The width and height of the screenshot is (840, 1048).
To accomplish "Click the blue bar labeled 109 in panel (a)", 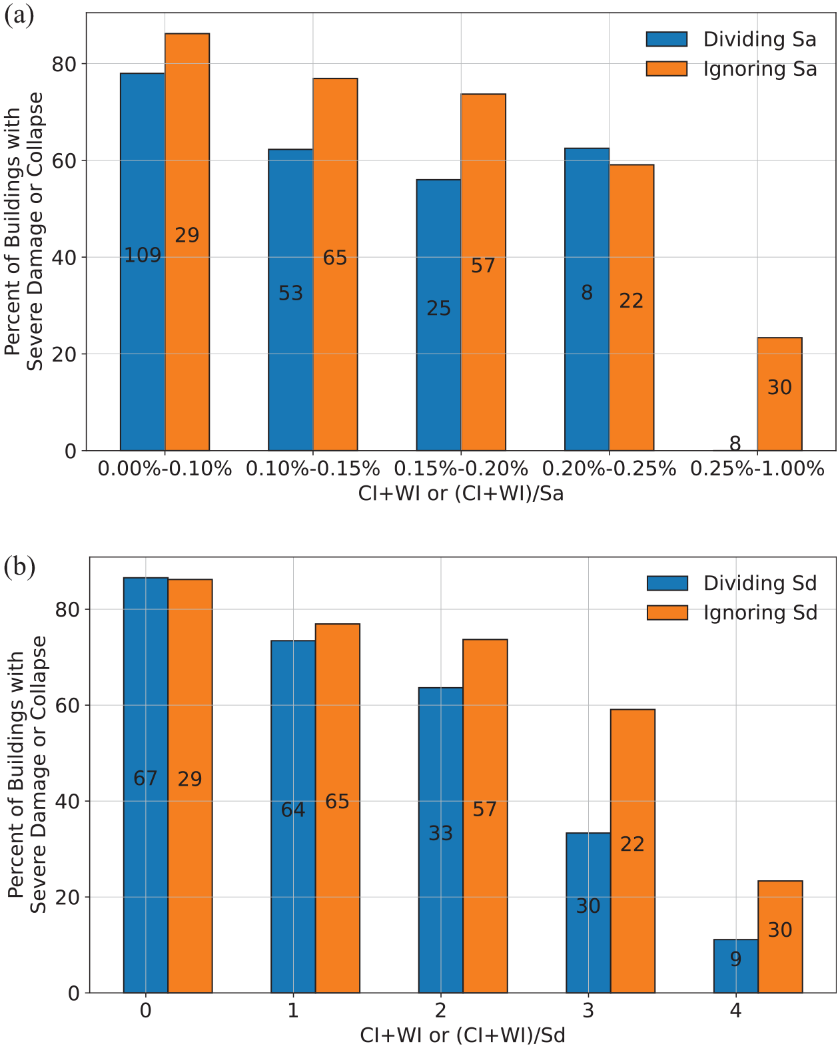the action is (x=143, y=262).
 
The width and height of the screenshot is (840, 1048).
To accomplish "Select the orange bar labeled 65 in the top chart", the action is (x=335, y=264).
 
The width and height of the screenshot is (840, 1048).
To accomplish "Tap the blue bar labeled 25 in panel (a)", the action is (x=438, y=314).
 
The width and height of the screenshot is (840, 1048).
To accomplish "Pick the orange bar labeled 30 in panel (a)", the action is (x=779, y=394).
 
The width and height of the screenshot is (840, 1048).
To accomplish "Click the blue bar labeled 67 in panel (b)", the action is (x=146, y=785).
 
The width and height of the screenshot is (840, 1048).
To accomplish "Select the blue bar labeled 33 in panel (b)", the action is (x=440, y=840).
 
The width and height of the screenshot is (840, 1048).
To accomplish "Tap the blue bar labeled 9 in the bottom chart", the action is (x=735, y=966).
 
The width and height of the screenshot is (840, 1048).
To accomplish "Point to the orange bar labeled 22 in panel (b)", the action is (x=632, y=852).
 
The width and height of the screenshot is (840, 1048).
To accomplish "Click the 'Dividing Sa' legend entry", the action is (x=731, y=39).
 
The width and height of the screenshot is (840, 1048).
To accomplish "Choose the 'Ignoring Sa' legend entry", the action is (x=731, y=69).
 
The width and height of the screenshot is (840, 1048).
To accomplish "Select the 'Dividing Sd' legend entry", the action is (x=732, y=583).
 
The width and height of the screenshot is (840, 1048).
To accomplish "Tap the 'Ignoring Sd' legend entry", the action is (x=732, y=613).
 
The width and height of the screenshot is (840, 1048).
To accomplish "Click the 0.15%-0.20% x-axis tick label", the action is (x=461, y=469).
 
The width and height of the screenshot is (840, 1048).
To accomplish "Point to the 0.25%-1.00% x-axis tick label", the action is (x=757, y=469).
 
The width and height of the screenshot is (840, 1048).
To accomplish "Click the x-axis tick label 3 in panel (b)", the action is (x=588, y=1011).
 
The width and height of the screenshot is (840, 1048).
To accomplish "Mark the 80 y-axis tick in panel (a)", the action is (x=65, y=64).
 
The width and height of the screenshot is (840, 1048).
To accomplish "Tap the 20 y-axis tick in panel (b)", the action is (x=67, y=897).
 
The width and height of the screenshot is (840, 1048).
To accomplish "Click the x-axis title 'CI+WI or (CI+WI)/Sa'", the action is (x=461, y=493).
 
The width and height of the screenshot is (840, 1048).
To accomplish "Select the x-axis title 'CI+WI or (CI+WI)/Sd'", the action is (x=462, y=1035).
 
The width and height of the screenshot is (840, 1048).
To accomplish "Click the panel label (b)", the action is (x=19, y=567).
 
